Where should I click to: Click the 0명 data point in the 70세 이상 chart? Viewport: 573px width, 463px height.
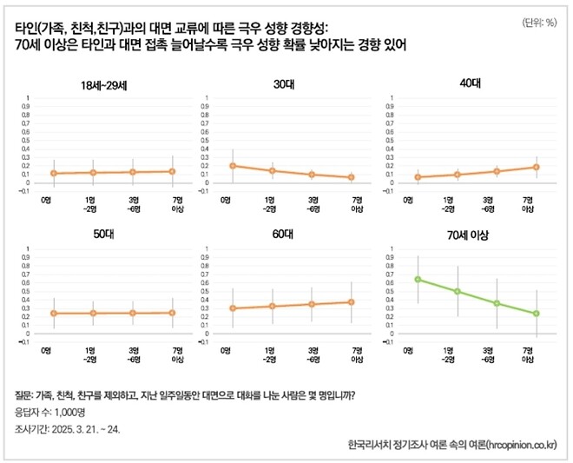pos(418,279)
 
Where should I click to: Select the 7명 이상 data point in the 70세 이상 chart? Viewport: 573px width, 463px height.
pos(537,314)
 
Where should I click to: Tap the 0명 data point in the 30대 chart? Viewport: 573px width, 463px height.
pos(233,165)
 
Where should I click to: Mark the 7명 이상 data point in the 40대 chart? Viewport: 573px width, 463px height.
pos(537,167)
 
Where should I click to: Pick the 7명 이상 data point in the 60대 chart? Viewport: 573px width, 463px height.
pos(351,302)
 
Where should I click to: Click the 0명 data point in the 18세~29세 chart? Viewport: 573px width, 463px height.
pos(54,174)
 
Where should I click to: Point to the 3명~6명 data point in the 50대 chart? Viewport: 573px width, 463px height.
pos(133,313)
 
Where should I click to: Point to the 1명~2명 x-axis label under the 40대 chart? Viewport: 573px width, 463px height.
pos(447,205)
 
